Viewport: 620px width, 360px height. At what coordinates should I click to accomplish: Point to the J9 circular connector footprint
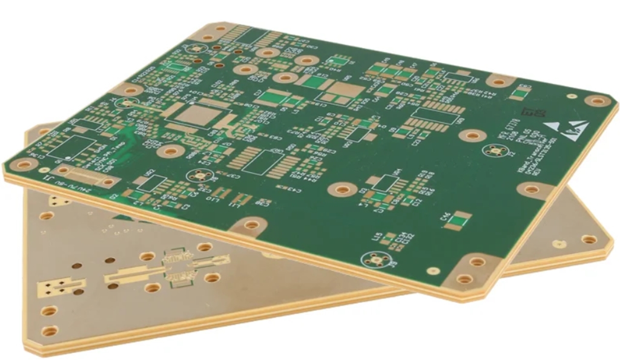pyautogui.click(x=376, y=260)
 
